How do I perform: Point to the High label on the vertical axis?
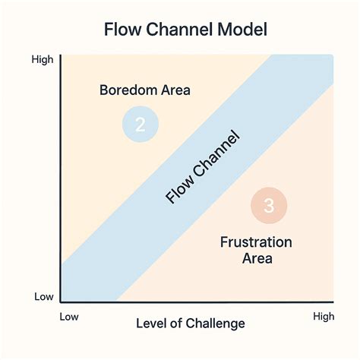[42, 59]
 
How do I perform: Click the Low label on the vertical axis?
[43, 297]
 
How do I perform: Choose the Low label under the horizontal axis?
[70, 314]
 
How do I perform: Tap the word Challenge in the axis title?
[216, 324]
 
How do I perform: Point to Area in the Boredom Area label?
[174, 90]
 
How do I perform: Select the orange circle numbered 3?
[269, 205]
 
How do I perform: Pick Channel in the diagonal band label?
[215, 156]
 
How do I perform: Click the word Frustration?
[257, 243]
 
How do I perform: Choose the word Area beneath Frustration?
[257, 258]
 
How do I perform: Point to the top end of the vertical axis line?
[60, 55]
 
